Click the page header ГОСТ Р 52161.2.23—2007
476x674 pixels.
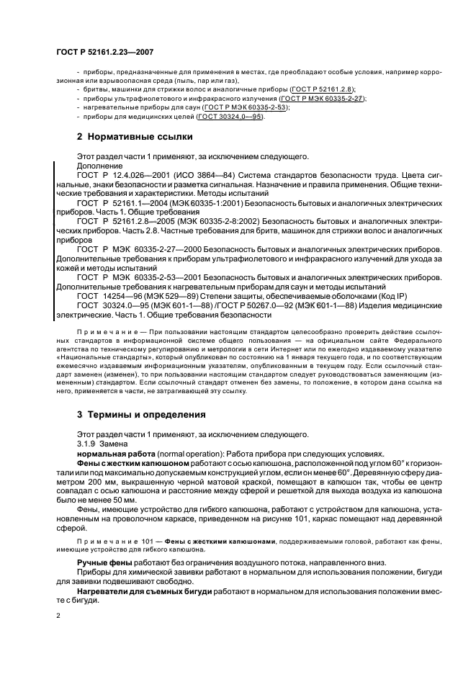[104, 53]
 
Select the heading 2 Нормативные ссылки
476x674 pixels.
[135, 137]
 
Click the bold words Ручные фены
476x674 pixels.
[104, 562]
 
